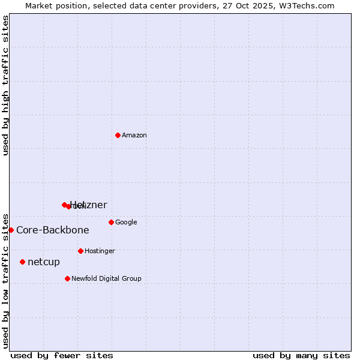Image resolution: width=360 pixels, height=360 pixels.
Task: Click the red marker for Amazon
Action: (118, 135)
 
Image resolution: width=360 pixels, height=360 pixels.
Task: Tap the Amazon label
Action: (134, 136)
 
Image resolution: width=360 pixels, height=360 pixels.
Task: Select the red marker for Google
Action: (111, 222)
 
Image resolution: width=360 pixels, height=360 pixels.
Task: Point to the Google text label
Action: (126, 223)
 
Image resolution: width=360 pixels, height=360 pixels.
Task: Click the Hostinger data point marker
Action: (80, 251)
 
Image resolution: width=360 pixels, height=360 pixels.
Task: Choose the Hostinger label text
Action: (100, 251)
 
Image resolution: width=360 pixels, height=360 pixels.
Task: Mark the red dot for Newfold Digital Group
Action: (67, 278)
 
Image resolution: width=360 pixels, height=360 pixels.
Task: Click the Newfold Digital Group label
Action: (106, 278)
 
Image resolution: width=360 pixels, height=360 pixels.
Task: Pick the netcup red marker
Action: (22, 262)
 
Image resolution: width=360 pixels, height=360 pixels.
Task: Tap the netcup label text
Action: (44, 262)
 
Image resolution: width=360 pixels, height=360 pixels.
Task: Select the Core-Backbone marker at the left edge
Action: (11, 230)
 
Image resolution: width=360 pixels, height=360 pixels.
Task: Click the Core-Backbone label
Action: (53, 230)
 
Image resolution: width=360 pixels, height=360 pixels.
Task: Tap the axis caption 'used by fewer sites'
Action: (62, 355)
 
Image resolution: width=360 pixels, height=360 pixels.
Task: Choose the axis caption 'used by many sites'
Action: (301, 355)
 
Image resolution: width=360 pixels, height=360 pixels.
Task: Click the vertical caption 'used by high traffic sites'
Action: (6, 85)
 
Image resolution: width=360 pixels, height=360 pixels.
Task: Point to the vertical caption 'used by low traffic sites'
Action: (6, 280)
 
